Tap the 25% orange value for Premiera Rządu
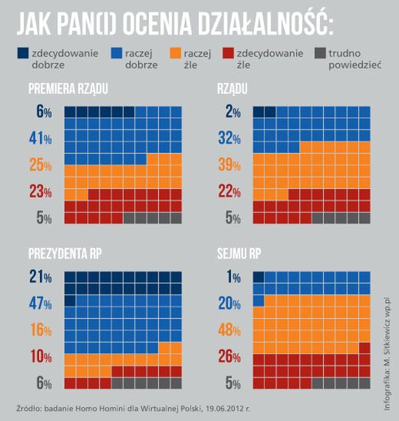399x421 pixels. tap(40, 164)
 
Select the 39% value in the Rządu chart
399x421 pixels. tap(229, 164)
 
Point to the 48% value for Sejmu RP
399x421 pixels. tap(229, 329)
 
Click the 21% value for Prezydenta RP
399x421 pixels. tap(40, 277)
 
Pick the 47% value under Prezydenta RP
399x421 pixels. tap(40, 303)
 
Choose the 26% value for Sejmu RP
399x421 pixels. tap(229, 356)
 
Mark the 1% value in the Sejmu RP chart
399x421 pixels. tap(232, 277)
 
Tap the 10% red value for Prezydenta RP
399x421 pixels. tap(40, 356)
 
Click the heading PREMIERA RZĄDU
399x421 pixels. tap(68, 90)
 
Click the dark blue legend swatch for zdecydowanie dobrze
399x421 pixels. tap(23, 52)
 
